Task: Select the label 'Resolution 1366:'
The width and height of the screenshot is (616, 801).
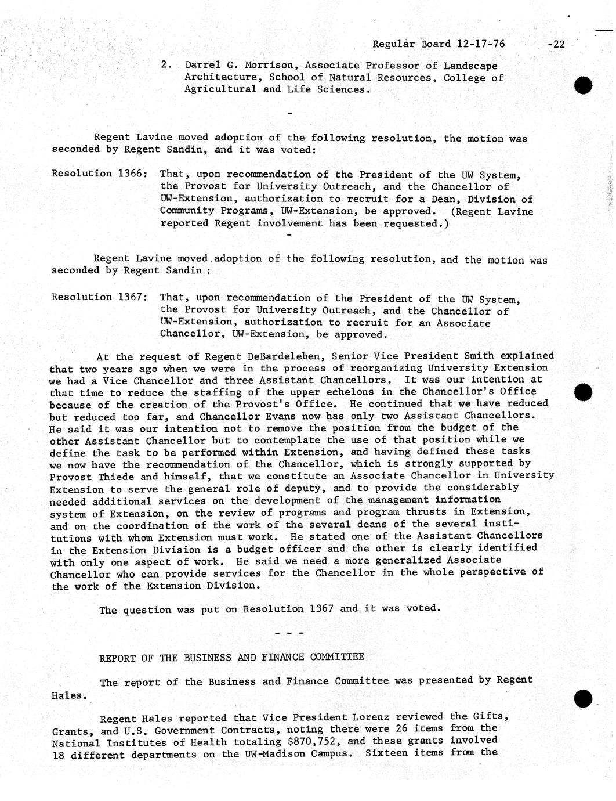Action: coord(99,174)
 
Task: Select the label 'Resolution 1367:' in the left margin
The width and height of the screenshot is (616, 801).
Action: coord(99,297)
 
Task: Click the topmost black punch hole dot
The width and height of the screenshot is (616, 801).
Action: coord(583,85)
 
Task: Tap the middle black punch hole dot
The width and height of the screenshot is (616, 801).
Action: coord(583,392)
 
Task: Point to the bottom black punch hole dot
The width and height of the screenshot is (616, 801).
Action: coord(583,699)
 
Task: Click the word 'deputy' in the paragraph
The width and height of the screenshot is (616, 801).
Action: coord(300,489)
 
